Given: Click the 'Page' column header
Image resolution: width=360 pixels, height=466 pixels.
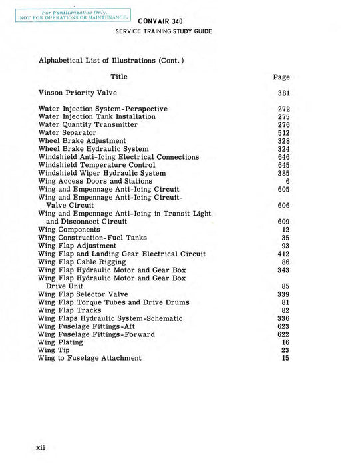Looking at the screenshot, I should click(x=281, y=77).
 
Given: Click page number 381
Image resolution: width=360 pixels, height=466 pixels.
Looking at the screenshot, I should click(x=283, y=93).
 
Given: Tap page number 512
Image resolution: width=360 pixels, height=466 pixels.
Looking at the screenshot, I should click(x=283, y=133).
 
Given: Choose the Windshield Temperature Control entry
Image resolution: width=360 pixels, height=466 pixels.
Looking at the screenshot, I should click(x=96, y=165).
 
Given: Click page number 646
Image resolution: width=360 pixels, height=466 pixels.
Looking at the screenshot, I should click(x=283, y=157).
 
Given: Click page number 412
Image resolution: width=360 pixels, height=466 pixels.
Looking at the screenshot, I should click(x=283, y=254).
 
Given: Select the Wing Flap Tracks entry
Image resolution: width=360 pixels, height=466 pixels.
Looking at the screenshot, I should click(x=70, y=310).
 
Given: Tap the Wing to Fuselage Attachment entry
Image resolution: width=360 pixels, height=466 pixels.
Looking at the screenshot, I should click(x=90, y=358).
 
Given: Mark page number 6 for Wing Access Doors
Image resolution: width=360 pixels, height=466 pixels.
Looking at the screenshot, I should click(x=287, y=181).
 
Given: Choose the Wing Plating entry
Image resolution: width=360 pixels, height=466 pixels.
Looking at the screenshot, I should click(x=61, y=342).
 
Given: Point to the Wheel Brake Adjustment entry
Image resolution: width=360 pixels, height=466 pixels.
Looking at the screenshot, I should click(x=82, y=141).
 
